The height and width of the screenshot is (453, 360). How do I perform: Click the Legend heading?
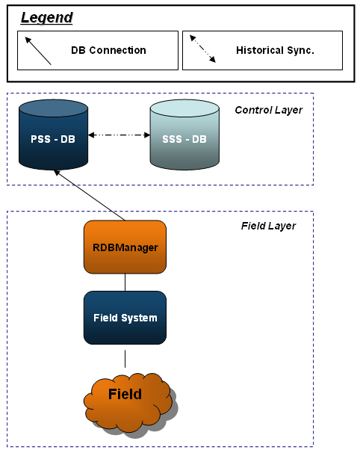pos(47,18)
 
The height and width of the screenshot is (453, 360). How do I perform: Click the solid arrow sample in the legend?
pos(38,51)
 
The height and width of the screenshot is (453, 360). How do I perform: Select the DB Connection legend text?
pos(108,50)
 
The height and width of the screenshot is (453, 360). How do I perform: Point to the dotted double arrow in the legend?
pos(202,49)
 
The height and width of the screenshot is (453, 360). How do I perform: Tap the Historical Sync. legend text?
pos(275,50)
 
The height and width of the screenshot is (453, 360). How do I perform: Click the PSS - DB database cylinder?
pos(54,135)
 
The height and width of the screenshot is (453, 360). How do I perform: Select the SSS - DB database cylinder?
pos(184,135)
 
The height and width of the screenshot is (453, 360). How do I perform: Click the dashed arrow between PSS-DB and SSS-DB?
pos(120,135)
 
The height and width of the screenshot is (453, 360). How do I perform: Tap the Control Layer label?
pos(269,110)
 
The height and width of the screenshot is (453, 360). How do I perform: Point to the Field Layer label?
pos(268,226)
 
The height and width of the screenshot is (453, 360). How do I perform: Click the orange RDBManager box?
pos(125,247)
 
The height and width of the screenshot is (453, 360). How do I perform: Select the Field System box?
pos(125,318)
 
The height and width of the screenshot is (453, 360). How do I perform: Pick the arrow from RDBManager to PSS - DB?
pos(90,195)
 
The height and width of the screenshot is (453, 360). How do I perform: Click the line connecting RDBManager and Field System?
pos(125,283)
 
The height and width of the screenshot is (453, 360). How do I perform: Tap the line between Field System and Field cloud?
pos(125,359)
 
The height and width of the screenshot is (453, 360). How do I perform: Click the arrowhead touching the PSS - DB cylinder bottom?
pos(57,173)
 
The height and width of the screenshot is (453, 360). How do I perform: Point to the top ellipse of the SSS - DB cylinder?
pos(184,108)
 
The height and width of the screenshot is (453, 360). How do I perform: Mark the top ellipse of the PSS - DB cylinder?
pos(54,108)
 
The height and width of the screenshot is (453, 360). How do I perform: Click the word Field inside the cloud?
pos(125,394)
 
